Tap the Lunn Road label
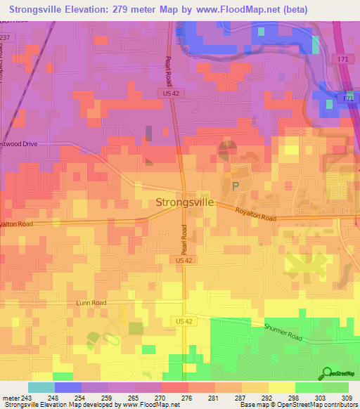(91, 303)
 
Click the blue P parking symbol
(236, 186)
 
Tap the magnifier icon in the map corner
(326, 373)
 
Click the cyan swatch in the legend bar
(41, 387)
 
